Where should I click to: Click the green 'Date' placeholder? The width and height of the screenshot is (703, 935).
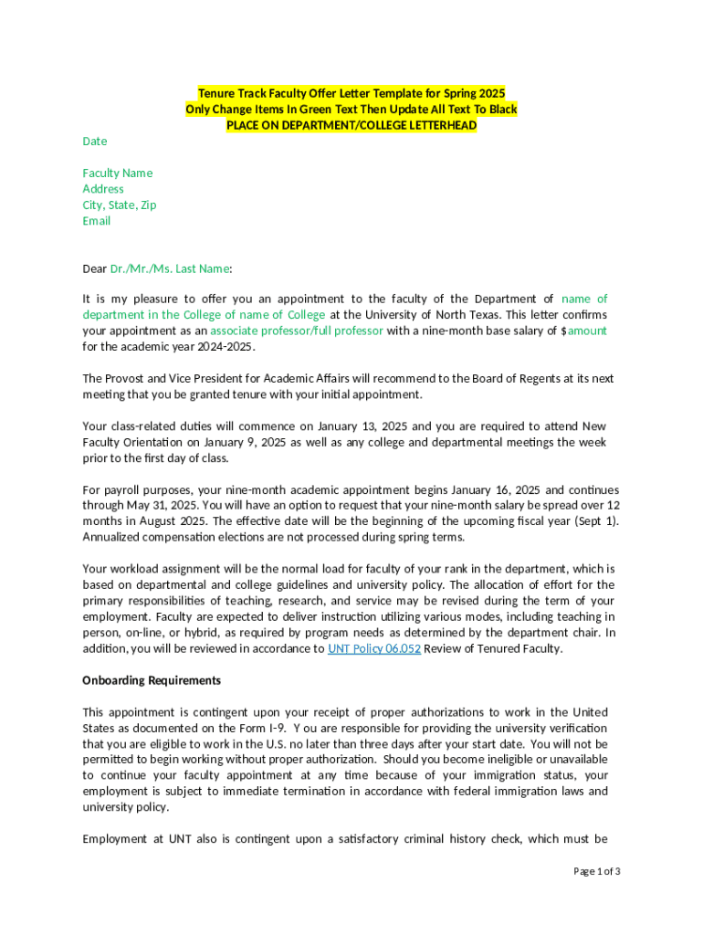(x=95, y=142)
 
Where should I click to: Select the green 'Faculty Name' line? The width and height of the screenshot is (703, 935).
(x=118, y=173)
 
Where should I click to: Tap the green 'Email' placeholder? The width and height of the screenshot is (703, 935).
(x=97, y=221)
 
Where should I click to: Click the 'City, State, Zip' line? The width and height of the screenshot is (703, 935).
(x=120, y=205)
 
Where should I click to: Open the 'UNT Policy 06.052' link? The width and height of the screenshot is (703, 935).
(x=374, y=649)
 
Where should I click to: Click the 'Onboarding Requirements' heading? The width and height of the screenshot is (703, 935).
(x=152, y=680)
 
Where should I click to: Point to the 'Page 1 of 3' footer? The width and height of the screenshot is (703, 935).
(x=597, y=871)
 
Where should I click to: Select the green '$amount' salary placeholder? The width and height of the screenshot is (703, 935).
(x=586, y=331)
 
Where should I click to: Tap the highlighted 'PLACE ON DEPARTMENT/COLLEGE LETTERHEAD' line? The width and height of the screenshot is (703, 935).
(x=351, y=125)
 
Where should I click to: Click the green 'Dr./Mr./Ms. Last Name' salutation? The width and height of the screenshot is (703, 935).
(x=170, y=268)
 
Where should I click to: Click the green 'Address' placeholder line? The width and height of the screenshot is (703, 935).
(x=103, y=189)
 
